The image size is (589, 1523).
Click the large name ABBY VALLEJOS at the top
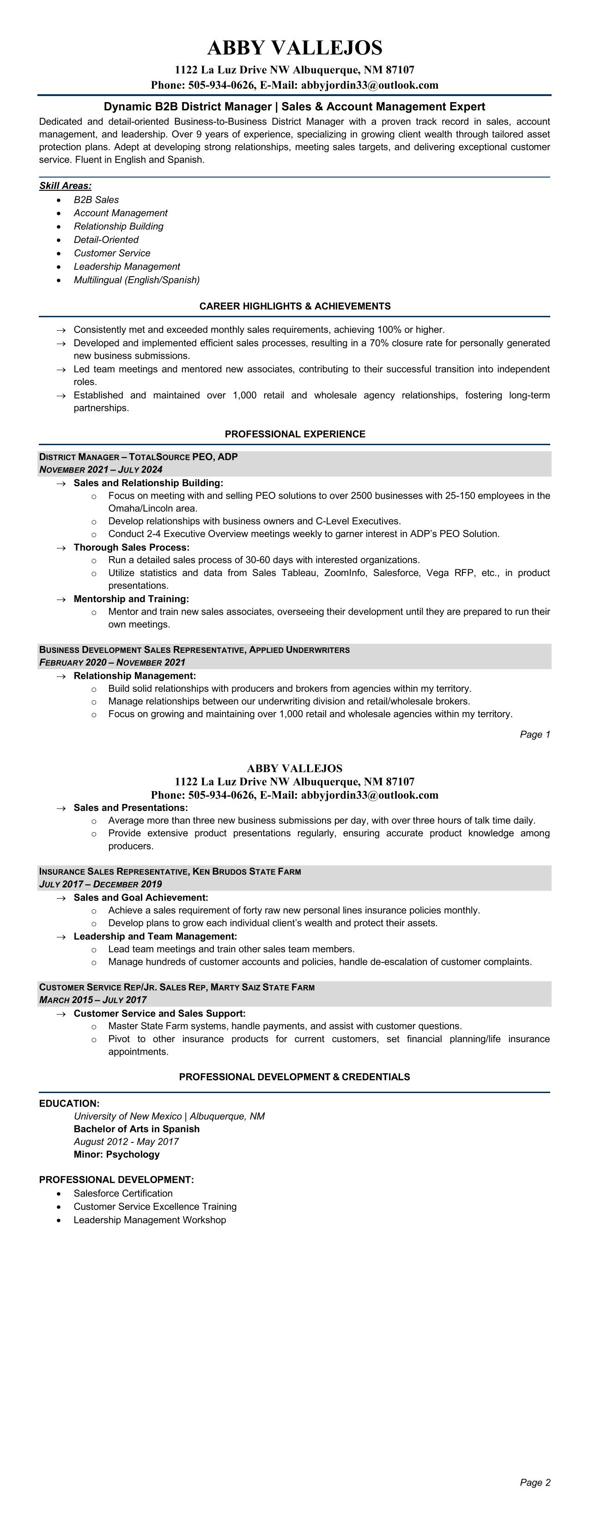point(295,48)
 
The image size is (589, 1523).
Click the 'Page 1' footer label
point(534,734)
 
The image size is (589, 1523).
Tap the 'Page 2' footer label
point(534,1482)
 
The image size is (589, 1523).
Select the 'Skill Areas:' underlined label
point(65,186)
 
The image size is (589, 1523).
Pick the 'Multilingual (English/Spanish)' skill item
point(137,280)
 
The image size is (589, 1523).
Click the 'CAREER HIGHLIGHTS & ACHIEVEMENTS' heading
point(295,306)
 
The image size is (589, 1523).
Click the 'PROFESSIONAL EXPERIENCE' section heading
point(295,434)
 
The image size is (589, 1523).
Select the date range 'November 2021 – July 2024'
point(101,470)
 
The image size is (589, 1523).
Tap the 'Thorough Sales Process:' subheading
point(131,548)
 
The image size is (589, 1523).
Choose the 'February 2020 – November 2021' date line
point(112,662)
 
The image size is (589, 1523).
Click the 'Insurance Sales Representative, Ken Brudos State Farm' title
point(170,871)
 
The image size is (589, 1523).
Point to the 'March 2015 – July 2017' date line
point(93,1000)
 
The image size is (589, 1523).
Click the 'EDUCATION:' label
point(69,1103)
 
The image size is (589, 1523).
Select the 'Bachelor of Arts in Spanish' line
point(137,1129)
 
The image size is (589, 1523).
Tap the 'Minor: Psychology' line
point(116,1154)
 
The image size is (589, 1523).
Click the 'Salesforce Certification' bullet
point(123,1193)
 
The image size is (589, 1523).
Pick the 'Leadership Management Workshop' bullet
point(150,1220)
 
